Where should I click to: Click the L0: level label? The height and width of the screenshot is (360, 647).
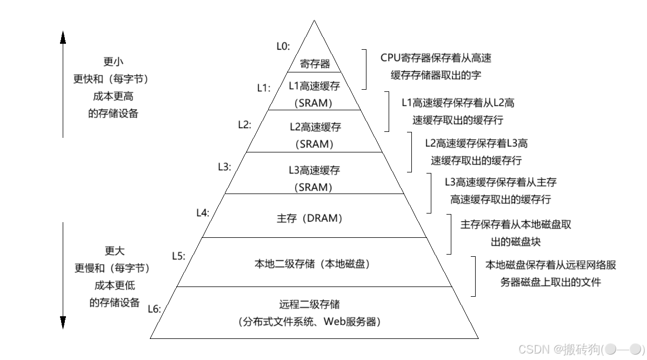tap(283, 46)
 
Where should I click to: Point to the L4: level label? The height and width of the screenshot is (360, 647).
tap(202, 213)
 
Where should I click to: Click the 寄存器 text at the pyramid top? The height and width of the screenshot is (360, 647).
tap(315, 64)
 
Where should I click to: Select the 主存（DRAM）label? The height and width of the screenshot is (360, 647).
tap(310, 218)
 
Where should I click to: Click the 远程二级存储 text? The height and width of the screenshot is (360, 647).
tap(310, 304)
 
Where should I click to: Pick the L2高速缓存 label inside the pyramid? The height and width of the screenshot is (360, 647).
tap(315, 127)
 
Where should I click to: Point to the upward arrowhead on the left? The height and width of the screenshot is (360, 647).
tap(63, 37)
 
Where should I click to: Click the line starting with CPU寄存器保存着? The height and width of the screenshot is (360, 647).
tap(436, 58)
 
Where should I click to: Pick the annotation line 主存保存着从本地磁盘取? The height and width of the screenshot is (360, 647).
tap(515, 224)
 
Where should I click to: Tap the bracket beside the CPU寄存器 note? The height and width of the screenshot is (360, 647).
tap(365, 69)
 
